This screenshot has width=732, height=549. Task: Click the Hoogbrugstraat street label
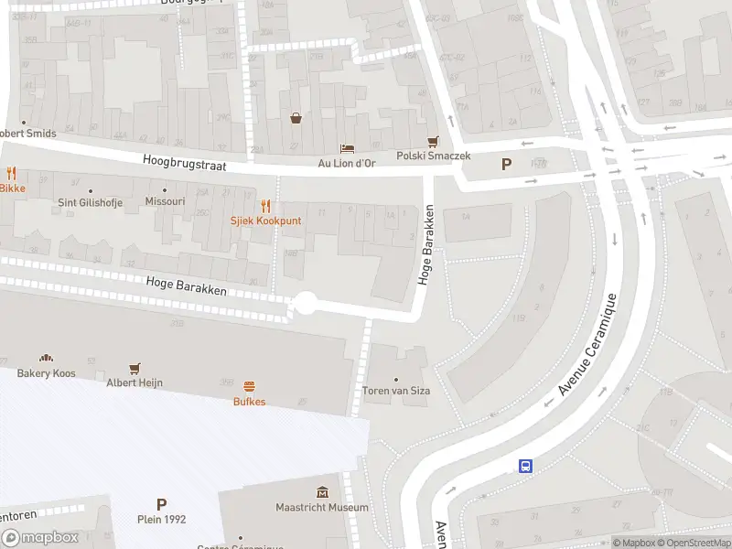pos(183,163)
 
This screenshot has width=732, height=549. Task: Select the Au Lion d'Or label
pos(346,163)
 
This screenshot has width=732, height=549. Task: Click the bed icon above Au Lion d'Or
pos(347,147)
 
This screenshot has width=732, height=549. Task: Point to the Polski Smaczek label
pos(433,156)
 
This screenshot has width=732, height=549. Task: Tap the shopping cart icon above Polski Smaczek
pos(433,141)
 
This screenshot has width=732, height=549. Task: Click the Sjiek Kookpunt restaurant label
pos(265,221)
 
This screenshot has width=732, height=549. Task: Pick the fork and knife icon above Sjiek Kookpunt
pos(265,206)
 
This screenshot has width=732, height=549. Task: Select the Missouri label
pos(166,201)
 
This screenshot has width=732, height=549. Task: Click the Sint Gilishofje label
pos(91,202)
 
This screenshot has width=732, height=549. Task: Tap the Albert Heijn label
pos(135,382)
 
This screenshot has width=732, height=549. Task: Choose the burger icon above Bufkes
pos(249,386)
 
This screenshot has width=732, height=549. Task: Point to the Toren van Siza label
pos(395,391)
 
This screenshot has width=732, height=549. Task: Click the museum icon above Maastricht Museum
pos(322,492)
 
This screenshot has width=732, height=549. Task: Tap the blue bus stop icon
pos(526,466)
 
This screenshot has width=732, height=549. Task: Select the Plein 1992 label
pos(162,519)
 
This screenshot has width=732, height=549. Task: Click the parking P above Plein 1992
pos(162,503)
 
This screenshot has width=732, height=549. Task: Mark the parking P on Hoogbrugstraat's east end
pos(505,165)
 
